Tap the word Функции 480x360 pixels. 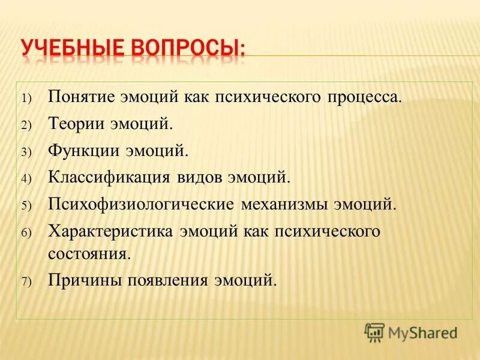[x=81, y=151]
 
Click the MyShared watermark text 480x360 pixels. [x=423, y=332]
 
